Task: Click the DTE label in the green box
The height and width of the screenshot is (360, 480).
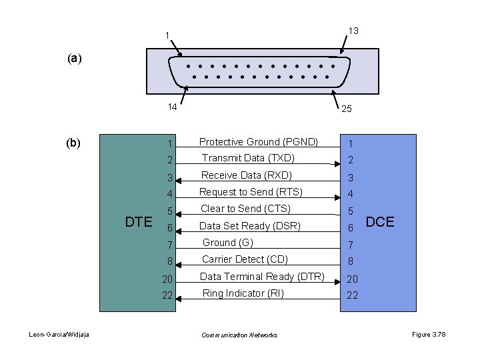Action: point(139,222)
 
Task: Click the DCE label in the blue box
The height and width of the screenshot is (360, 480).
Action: point(380,222)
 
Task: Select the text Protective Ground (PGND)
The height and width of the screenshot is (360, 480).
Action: point(259,141)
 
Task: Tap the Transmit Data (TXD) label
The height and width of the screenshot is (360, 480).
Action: point(248,158)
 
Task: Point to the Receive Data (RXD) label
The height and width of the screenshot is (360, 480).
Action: point(247,175)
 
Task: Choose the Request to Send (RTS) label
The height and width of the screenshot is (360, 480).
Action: point(251,192)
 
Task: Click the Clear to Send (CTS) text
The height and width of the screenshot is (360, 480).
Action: point(246,209)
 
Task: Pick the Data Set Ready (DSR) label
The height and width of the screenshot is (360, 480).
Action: point(249,226)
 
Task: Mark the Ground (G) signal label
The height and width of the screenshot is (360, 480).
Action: point(228,243)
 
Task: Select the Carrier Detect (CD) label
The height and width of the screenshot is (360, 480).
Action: point(244,259)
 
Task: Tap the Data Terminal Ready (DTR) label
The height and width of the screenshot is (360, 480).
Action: point(262,277)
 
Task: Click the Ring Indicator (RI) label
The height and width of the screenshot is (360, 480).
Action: point(243,293)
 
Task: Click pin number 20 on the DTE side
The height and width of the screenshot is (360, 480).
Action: point(169,278)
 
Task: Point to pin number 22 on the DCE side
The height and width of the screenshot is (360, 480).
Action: point(351,295)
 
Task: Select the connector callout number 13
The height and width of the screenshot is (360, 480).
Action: point(353,31)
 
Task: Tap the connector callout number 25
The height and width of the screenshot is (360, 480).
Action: point(347,109)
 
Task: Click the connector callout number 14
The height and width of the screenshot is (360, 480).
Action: point(171,107)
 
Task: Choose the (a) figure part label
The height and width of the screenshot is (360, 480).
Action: point(75,58)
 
